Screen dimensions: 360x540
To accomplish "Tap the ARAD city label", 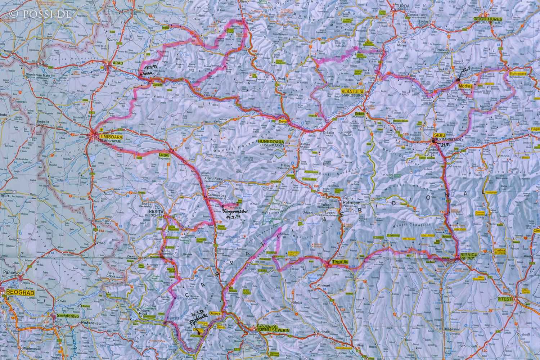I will pos(118,63).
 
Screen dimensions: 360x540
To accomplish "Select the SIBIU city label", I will pos(440,135).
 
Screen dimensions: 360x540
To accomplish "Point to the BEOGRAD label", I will pos(18,293).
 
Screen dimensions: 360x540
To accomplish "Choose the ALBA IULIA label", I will pos(352,92).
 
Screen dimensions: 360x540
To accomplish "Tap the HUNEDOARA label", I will pos(271,142).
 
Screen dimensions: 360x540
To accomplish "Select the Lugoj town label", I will pos(164,155).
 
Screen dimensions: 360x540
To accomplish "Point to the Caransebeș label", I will pos(216,197).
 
